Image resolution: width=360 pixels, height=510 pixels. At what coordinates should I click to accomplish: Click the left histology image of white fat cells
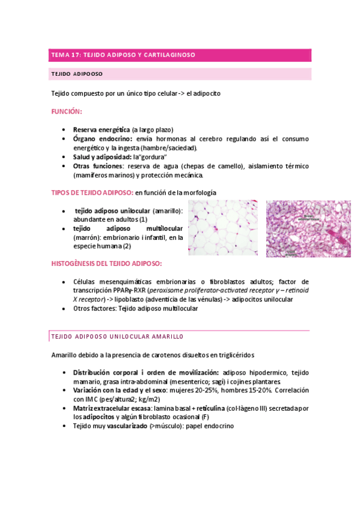[224, 229]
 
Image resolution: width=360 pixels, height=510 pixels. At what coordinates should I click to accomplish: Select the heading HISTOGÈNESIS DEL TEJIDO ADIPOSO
[107, 263]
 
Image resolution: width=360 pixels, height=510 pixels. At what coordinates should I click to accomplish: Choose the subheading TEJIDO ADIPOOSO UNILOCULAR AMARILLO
[117, 336]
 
